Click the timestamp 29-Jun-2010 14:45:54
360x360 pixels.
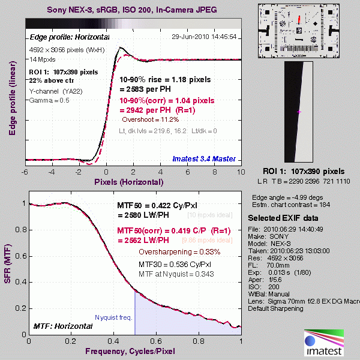pos(204,37)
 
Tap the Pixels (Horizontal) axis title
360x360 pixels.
pos(133,181)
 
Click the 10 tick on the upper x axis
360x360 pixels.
pos(241,172)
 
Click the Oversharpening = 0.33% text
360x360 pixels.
pos(176,252)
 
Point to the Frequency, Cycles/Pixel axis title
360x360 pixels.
pos(133,350)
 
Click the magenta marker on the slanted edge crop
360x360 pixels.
pos(299,112)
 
